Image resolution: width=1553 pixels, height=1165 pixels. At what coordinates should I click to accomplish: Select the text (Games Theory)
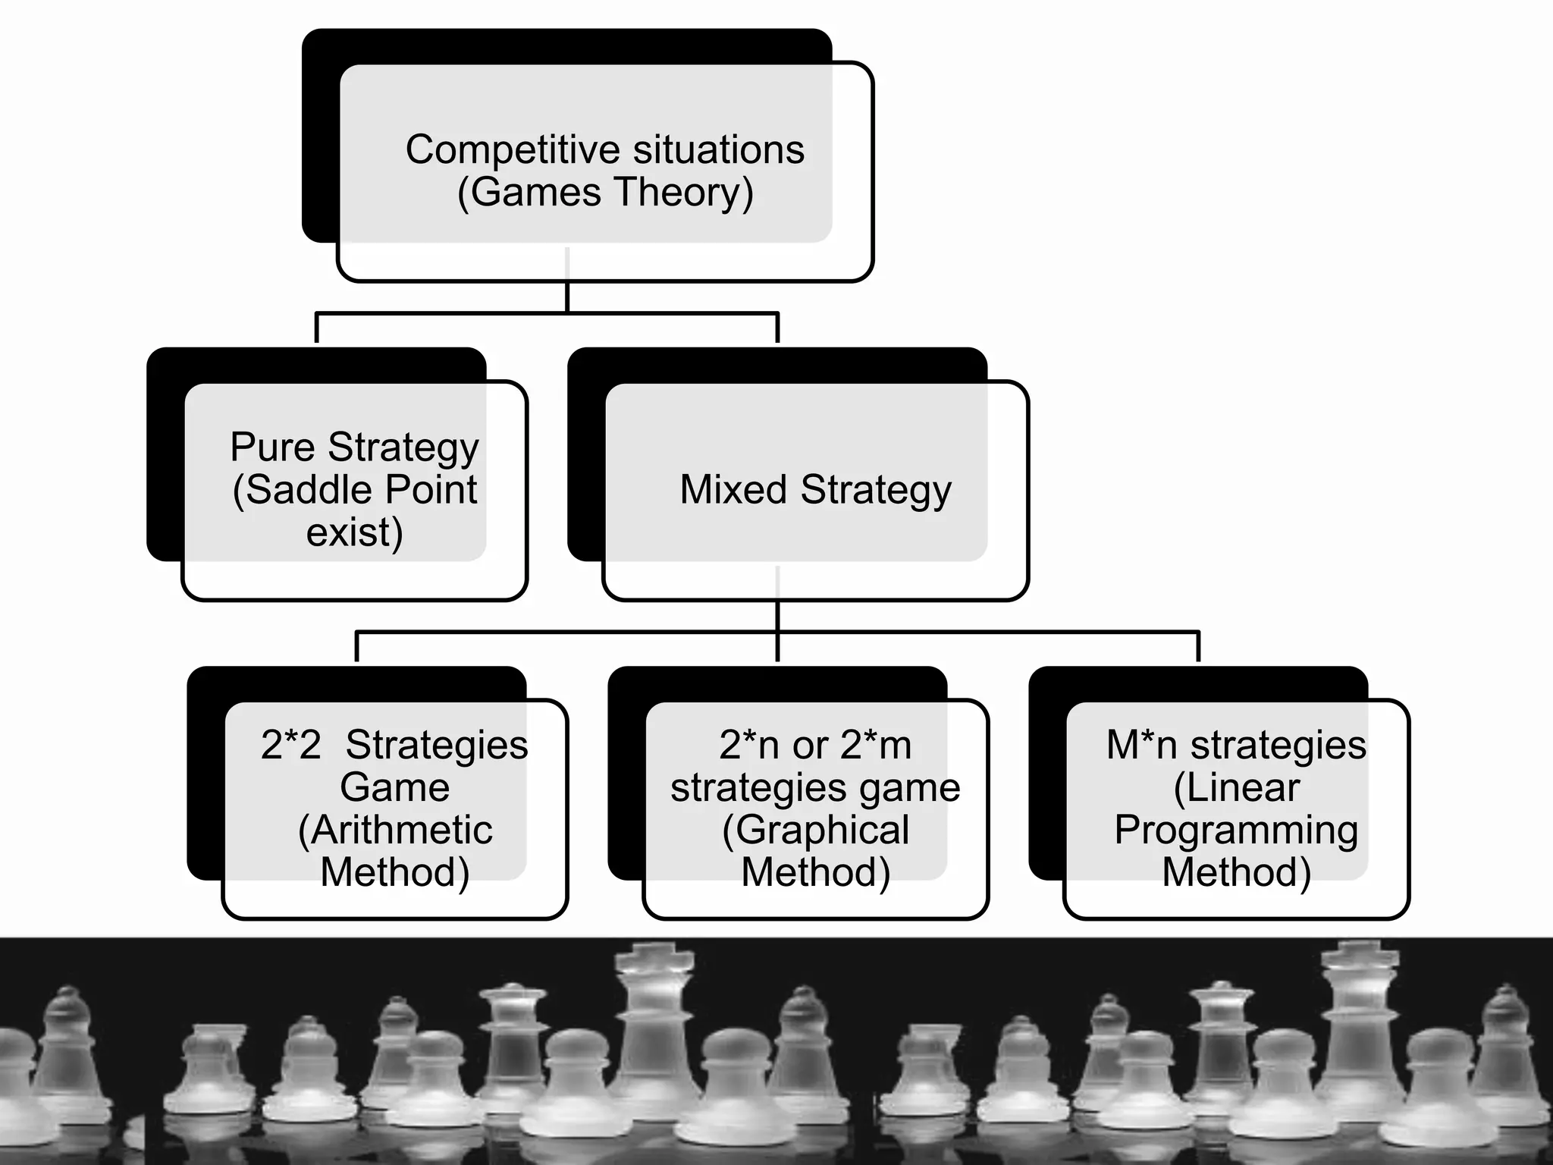[605, 193]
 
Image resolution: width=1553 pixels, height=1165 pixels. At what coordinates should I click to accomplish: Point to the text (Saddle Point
[355, 489]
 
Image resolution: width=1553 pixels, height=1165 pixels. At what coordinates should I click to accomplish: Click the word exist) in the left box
[354, 532]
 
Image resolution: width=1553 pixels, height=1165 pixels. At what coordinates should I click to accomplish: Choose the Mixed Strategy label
[815, 489]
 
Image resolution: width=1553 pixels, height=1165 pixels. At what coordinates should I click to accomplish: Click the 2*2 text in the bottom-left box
[290, 745]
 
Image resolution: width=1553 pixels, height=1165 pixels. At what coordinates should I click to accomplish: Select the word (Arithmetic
[395, 830]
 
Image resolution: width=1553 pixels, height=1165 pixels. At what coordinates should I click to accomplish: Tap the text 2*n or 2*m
[815, 745]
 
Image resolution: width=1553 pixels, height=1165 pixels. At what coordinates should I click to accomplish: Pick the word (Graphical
[815, 830]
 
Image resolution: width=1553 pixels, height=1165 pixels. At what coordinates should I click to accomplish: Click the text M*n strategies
[1236, 745]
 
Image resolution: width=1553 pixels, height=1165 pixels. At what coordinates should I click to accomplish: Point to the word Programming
[1236, 830]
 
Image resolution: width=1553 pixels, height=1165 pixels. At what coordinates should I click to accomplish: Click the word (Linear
[1236, 787]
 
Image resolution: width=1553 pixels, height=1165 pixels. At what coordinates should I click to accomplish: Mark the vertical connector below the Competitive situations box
[567, 296]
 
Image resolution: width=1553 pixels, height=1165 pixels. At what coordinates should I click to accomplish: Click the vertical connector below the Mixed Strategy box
[778, 616]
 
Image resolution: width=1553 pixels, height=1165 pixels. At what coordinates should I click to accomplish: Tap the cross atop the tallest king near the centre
[655, 957]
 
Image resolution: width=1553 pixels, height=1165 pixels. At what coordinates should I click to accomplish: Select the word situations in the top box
[718, 150]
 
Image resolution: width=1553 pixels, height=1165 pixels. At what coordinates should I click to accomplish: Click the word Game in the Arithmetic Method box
[394, 787]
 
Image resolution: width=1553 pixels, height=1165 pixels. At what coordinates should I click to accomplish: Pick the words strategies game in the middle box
[815, 787]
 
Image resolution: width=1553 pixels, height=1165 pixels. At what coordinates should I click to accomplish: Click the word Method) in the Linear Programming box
[1236, 872]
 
